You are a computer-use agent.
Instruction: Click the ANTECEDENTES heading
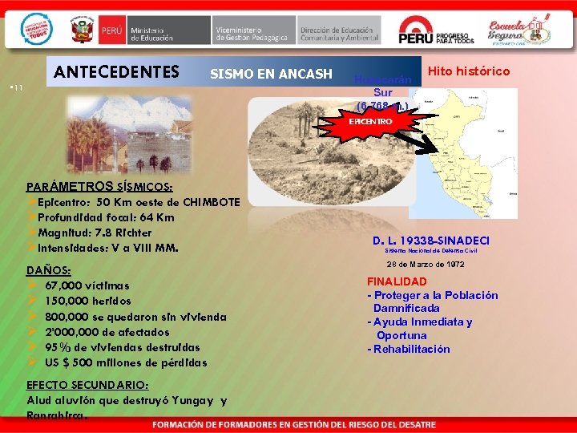[x=116, y=72]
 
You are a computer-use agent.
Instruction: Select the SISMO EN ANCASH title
[x=271, y=75]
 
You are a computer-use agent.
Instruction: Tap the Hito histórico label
[x=469, y=71]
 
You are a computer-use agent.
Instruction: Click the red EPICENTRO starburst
[x=370, y=121]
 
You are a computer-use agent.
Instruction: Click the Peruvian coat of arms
[x=82, y=30]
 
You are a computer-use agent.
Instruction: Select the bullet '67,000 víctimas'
[x=87, y=285]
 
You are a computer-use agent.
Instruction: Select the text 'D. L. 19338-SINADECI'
[x=431, y=241]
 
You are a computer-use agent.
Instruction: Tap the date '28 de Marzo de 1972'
[x=426, y=265]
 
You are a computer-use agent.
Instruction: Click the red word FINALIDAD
[x=397, y=281]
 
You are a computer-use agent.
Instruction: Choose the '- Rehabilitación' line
[x=409, y=349]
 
